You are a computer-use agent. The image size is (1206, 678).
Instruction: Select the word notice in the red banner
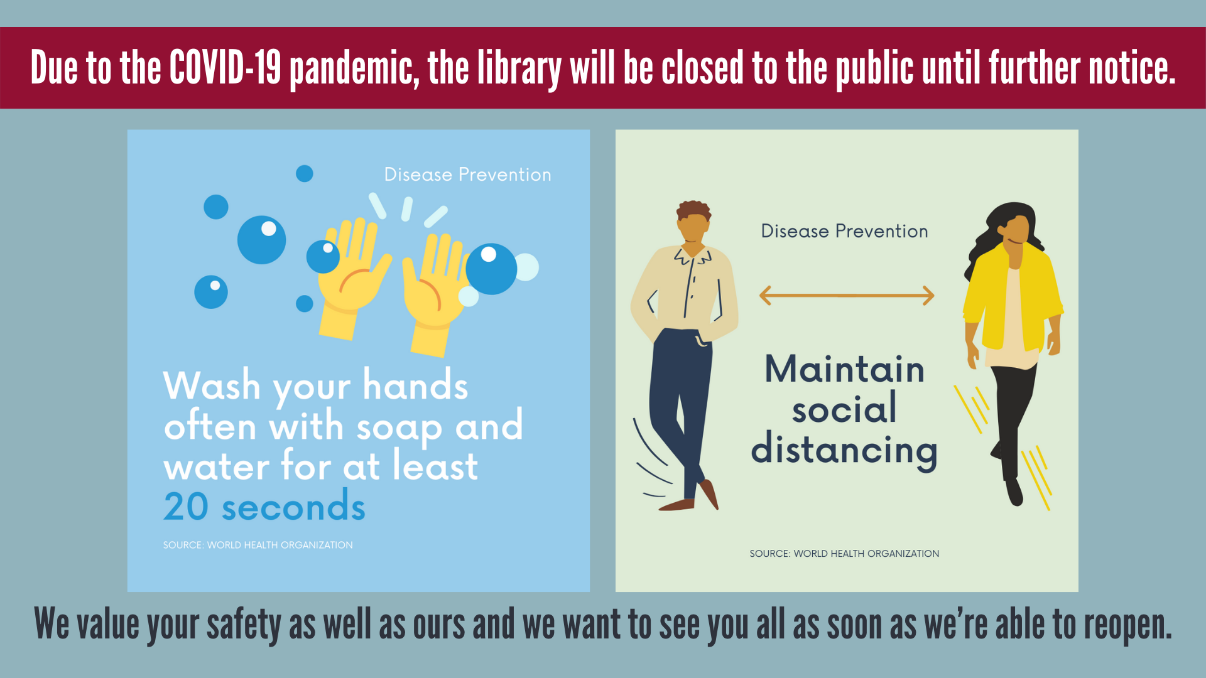1131,67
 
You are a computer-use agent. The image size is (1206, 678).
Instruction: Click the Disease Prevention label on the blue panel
467,175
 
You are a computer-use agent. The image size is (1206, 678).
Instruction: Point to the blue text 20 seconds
264,507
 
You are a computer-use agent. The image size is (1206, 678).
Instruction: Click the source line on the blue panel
258,545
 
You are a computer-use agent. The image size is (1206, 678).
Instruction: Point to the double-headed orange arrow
847,295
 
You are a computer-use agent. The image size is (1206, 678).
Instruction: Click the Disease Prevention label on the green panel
844,231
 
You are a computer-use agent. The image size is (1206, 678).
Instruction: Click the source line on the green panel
844,554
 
